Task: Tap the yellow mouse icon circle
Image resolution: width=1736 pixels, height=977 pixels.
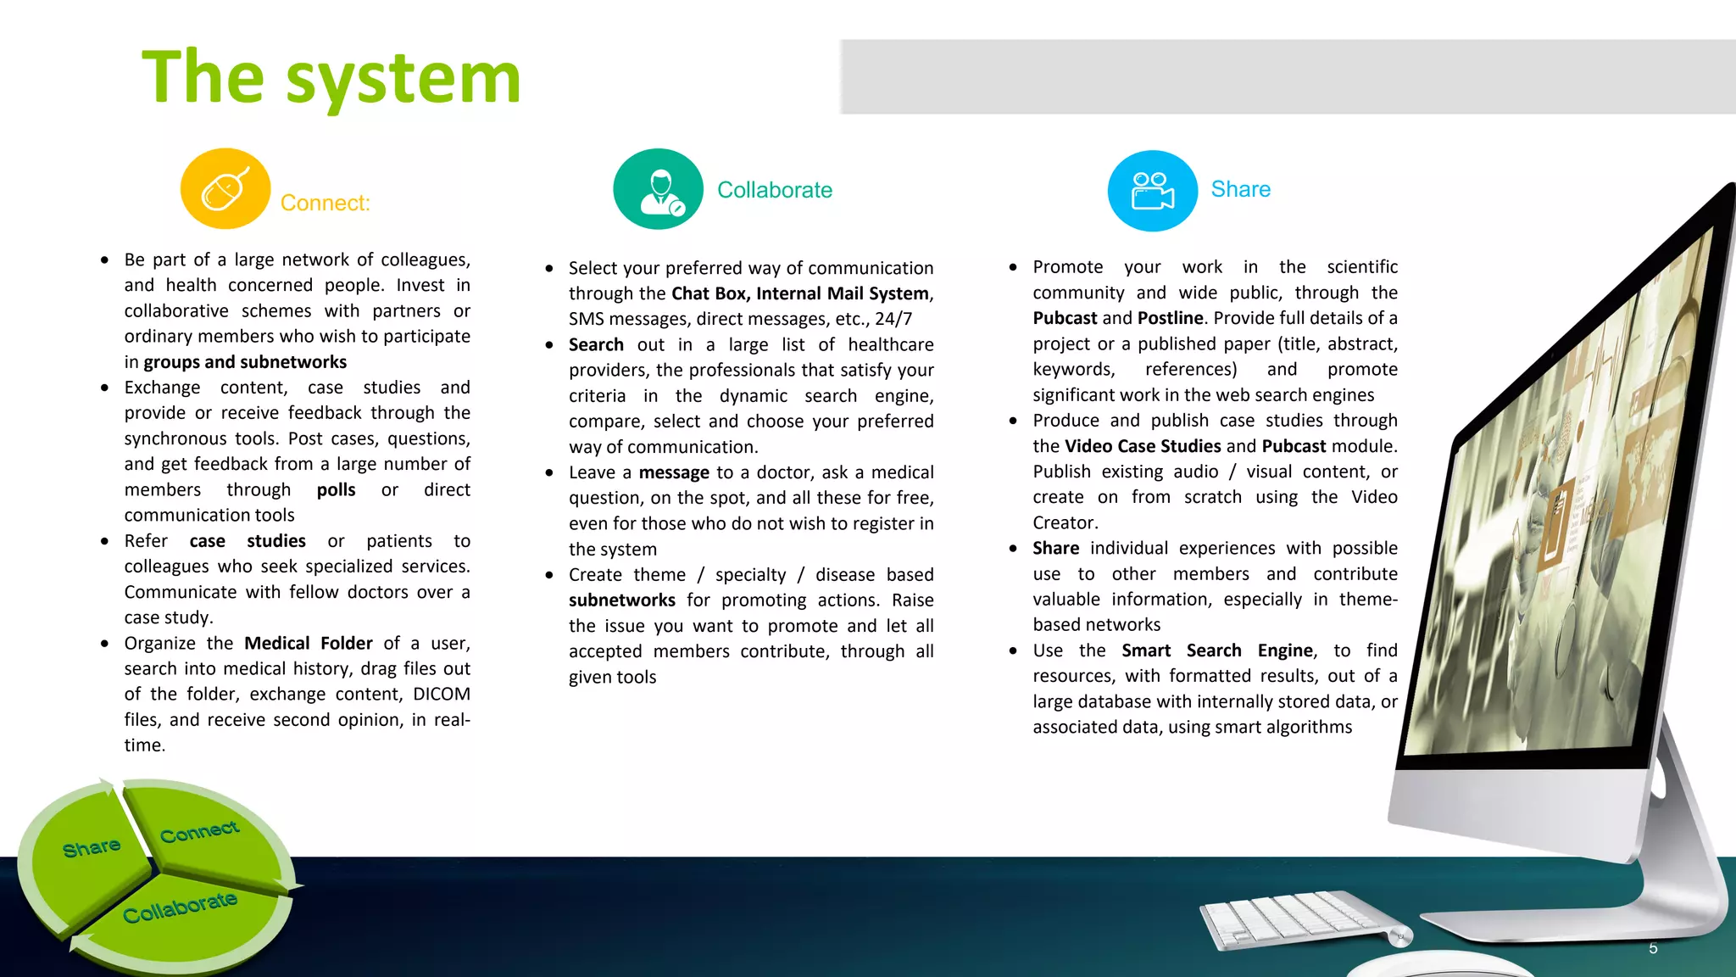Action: tap(225, 189)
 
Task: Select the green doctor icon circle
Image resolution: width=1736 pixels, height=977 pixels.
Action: tap(658, 189)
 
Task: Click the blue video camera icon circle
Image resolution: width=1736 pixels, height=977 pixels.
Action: tap(1152, 191)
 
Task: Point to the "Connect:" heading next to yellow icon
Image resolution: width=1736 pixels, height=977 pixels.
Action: tap(325, 204)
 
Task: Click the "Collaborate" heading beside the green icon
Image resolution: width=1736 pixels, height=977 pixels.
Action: tap(774, 190)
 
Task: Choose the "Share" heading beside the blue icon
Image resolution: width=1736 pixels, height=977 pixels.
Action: tap(1240, 189)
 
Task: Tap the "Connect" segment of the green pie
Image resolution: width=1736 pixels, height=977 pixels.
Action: tap(200, 833)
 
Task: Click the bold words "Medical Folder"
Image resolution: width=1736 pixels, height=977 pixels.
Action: tap(309, 643)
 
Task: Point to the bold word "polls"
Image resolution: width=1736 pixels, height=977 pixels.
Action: tap(336, 490)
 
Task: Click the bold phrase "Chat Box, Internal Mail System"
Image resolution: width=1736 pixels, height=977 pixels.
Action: tap(800, 293)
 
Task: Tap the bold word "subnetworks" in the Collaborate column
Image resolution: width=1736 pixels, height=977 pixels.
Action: tap(621, 600)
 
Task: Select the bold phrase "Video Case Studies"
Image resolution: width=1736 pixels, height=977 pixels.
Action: tap(1143, 446)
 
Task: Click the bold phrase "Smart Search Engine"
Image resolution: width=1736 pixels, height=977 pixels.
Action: tap(1217, 650)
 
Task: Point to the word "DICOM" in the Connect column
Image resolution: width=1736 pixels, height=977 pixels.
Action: tap(441, 694)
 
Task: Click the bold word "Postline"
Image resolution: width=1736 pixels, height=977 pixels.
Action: tap(1170, 318)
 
